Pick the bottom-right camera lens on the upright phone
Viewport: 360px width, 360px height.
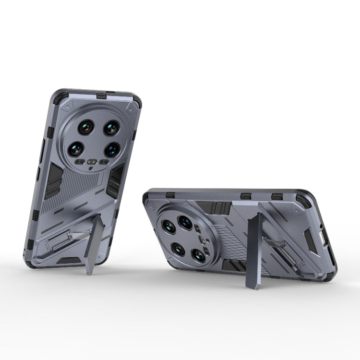(111, 149)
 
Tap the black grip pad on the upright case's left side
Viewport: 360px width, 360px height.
(54, 180)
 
